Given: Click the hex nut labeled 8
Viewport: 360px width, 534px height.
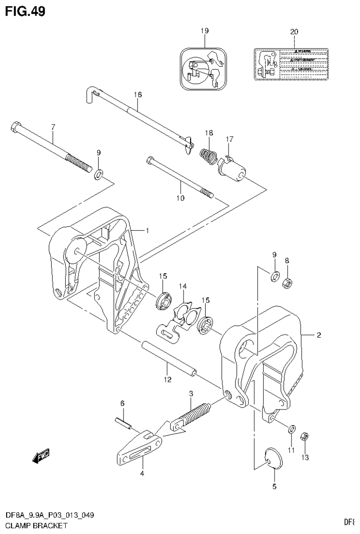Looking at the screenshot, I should (x=286, y=282).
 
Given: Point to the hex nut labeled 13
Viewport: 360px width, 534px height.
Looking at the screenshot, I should (x=304, y=436).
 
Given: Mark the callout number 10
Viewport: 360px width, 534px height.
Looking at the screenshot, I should (x=180, y=198).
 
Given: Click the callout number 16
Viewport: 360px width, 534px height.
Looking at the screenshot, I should (x=137, y=94).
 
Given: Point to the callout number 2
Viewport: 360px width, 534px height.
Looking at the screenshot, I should (x=318, y=335).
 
